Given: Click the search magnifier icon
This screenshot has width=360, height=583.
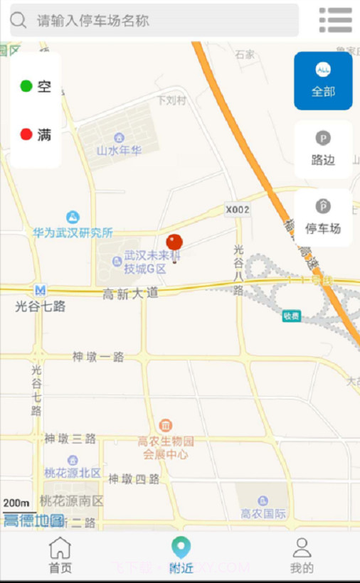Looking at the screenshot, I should (x=18, y=21).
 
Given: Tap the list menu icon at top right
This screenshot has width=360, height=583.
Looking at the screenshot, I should (x=335, y=20).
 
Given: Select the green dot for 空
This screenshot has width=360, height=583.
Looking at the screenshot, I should (x=26, y=87).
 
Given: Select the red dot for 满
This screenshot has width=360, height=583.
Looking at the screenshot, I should (x=26, y=134).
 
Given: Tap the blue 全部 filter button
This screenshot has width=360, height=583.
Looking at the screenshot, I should (x=323, y=80).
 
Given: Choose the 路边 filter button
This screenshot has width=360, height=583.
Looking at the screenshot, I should (x=323, y=149).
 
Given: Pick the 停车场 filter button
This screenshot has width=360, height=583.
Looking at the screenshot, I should (x=323, y=218).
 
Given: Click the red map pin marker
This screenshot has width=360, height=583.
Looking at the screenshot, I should (x=174, y=244).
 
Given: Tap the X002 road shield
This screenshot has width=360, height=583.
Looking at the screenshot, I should (x=238, y=210).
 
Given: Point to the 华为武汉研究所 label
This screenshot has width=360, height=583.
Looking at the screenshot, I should (x=73, y=232).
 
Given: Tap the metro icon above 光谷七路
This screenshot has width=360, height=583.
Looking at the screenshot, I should (x=41, y=290).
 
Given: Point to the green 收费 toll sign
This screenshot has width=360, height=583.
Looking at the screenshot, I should (x=291, y=316).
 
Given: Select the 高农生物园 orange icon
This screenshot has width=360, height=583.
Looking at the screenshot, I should (x=165, y=425).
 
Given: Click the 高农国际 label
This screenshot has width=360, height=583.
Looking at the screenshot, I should (x=263, y=513).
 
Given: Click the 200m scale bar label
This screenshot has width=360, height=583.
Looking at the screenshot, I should (x=16, y=503).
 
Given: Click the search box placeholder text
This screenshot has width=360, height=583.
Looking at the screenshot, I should (x=93, y=21).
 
